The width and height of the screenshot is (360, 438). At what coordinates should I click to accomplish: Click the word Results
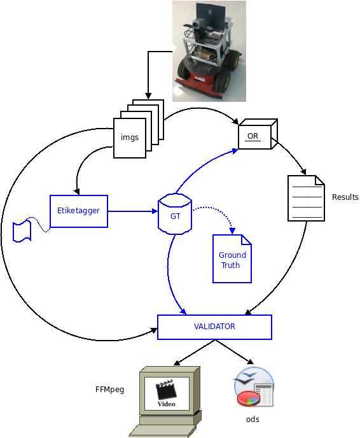(x=345, y=197)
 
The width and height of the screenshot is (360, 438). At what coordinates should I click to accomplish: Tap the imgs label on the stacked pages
(x=130, y=138)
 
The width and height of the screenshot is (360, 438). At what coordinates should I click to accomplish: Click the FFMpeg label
(x=109, y=390)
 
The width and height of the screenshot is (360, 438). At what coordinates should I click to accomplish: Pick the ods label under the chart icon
(x=253, y=420)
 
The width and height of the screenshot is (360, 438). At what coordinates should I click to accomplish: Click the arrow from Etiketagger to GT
(x=133, y=211)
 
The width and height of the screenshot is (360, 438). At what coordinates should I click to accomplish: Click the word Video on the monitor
(x=167, y=404)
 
